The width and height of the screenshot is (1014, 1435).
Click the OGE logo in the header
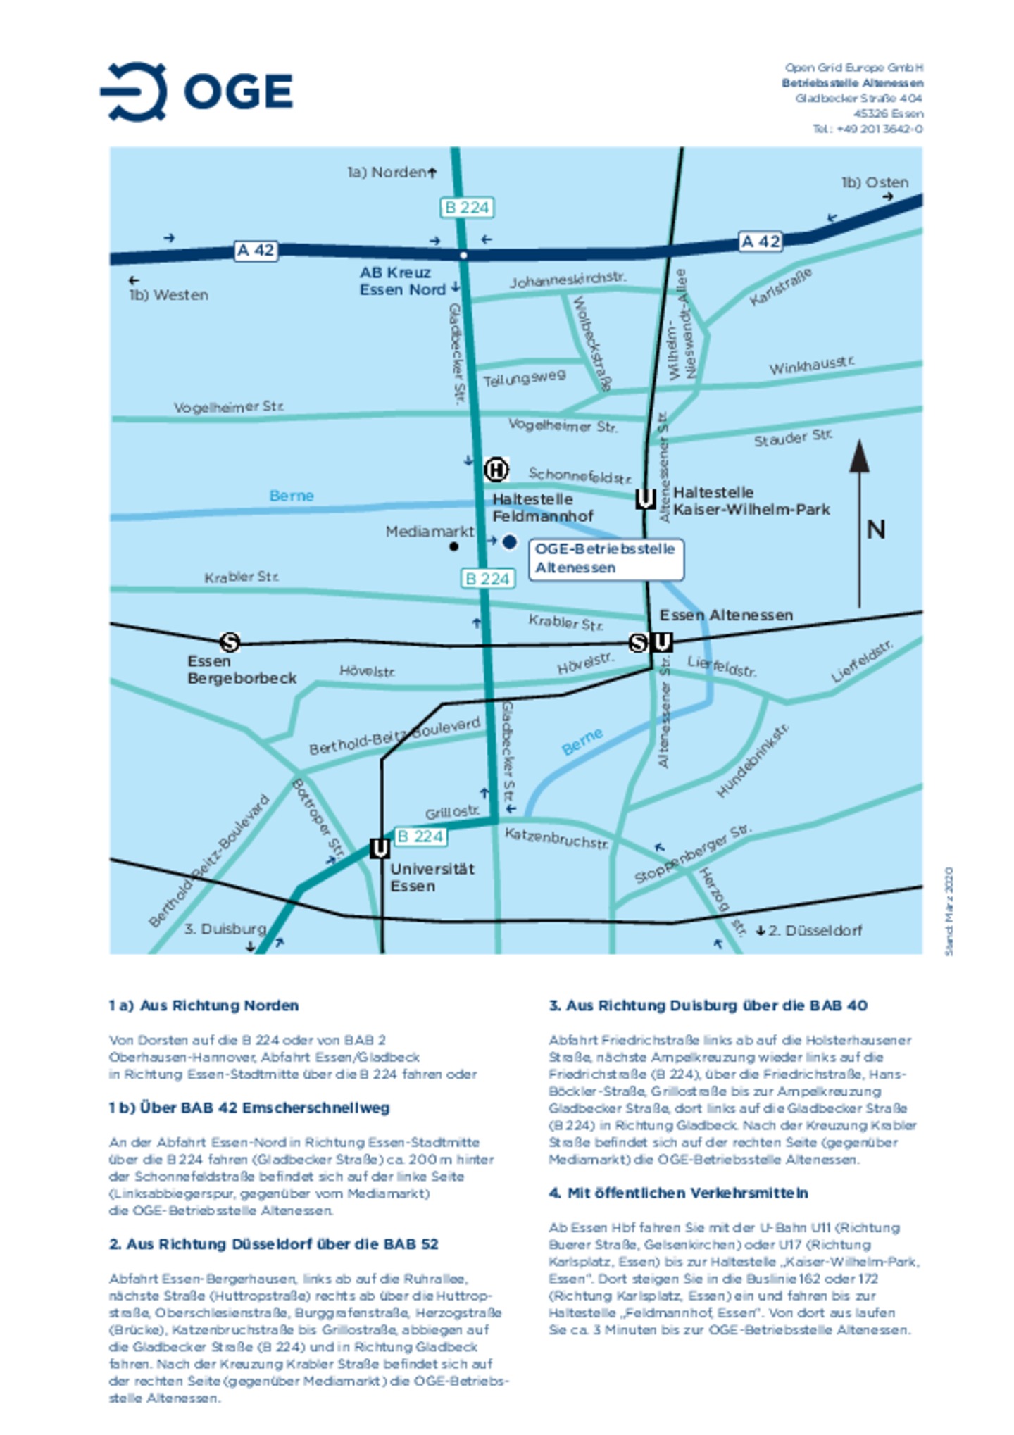196,91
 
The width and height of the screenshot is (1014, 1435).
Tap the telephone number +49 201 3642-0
867,129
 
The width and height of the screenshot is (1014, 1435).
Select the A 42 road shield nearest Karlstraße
760,242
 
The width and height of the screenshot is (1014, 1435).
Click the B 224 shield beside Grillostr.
420,836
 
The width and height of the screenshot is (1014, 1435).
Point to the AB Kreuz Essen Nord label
403,281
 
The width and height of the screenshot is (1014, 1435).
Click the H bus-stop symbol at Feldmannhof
496,470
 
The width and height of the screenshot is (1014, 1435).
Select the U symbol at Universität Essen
380,848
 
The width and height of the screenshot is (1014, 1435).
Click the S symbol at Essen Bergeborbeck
230,642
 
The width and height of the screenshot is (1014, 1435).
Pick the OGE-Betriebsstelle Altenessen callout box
606,558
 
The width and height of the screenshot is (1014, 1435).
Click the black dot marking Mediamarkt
454,546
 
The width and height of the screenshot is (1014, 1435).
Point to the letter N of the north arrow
876,529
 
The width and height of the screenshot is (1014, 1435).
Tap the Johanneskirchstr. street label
568,280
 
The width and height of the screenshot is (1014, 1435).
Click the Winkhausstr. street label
811,365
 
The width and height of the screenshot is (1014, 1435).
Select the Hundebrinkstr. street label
752,761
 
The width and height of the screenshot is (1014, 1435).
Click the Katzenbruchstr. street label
556,838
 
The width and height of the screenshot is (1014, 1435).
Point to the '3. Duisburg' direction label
225,929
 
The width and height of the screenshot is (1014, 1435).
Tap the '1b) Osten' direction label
875,182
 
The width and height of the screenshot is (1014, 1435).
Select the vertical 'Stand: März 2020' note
949,911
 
